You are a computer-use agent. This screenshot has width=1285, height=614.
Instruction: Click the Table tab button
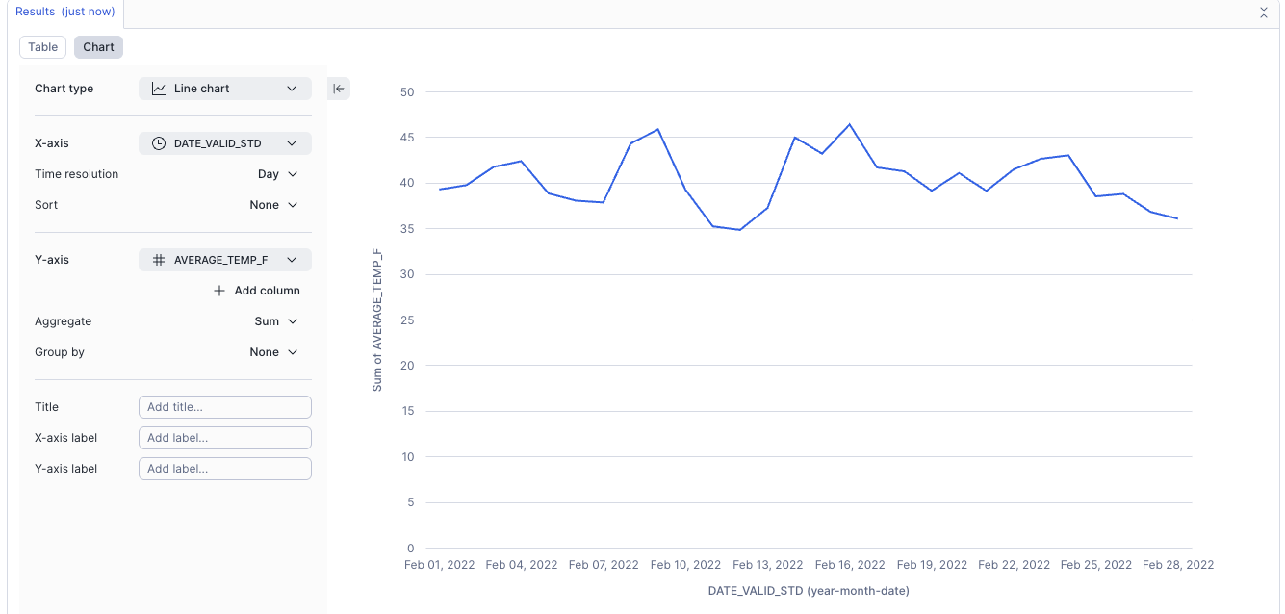tap(43, 47)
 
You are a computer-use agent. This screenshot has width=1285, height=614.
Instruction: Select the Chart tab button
tap(98, 47)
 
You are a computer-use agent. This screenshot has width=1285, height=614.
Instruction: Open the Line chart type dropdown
tap(225, 89)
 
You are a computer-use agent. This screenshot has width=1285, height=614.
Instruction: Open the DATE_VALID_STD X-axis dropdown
tap(225, 143)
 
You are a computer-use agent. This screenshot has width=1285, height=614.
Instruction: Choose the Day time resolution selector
tap(277, 174)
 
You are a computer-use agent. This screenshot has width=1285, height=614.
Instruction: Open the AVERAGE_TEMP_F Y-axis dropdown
tap(225, 260)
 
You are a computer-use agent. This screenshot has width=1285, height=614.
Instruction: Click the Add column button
tap(257, 291)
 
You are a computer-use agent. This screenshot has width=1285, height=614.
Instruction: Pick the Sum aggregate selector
tap(275, 321)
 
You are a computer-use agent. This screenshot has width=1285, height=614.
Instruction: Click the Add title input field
tap(225, 407)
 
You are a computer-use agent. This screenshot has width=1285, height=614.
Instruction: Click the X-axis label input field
tap(225, 438)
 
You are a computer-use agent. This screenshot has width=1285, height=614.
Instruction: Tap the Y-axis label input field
tap(225, 469)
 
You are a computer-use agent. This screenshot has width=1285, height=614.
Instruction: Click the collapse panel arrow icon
tap(339, 89)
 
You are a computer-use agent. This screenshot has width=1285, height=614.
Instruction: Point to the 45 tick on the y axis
tap(407, 138)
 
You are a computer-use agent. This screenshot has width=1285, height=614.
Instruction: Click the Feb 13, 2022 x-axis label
tap(767, 565)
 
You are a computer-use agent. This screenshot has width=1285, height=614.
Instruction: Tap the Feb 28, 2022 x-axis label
tap(1178, 565)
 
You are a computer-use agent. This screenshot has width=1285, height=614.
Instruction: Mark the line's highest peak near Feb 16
tap(850, 124)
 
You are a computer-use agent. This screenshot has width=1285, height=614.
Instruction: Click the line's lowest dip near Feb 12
tap(739, 230)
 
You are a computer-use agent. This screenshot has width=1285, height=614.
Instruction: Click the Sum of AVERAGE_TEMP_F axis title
tap(377, 320)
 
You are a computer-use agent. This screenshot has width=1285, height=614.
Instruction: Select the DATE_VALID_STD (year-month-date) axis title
tap(809, 590)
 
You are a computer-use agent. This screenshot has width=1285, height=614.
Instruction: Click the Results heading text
tap(64, 12)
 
